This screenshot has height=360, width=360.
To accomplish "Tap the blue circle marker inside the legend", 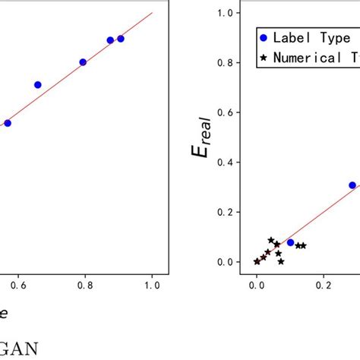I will point(264,38).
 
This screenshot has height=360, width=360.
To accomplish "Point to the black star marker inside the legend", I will point(264,57).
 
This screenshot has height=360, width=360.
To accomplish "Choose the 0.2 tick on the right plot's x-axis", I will point(324,286).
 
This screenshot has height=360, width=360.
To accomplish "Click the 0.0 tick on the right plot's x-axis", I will point(257,286).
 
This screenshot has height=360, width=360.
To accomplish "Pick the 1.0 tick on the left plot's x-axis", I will point(152,286).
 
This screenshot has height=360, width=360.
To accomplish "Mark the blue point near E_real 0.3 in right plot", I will point(352,185).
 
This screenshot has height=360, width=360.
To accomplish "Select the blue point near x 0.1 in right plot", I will point(290,242).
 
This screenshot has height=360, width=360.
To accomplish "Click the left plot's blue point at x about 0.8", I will point(83,62).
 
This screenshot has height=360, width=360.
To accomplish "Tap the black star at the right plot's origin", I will point(257,261).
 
